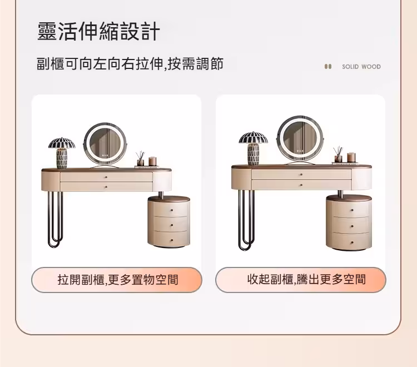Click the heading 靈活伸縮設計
tap(98, 31)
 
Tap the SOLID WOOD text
tap(361, 67)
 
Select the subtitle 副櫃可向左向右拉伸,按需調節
tap(130, 64)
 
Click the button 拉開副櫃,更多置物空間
tap(117, 280)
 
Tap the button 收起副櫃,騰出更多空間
tap(301, 280)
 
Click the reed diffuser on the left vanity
tap(141, 159)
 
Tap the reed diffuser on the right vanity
tap(337, 154)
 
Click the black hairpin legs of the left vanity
tap(54, 220)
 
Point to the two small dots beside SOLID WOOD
tap(328, 67)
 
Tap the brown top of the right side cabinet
tap(348, 197)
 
